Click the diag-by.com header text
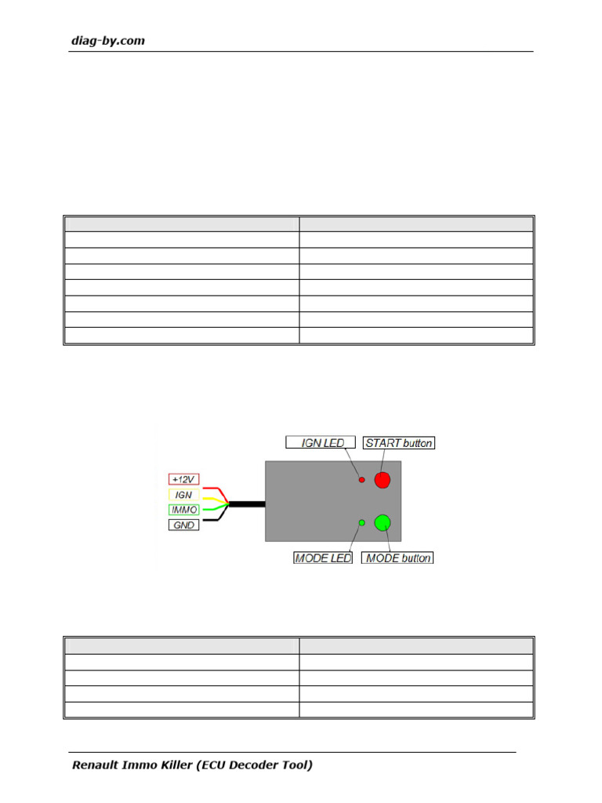[x=108, y=41]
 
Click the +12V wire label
[x=183, y=479]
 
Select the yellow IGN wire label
[x=183, y=495]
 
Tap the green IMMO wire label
[x=183, y=510]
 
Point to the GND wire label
[x=183, y=525]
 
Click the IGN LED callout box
[x=321, y=443]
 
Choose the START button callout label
[x=399, y=443]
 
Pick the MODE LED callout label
[x=322, y=558]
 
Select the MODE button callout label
[x=398, y=558]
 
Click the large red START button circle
[x=382, y=480]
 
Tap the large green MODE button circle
[x=383, y=522]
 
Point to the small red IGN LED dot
[x=361, y=480]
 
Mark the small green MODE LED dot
[x=361, y=522]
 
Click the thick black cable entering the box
[x=247, y=502]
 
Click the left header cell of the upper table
[x=181, y=223]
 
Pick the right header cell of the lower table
[x=416, y=646]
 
